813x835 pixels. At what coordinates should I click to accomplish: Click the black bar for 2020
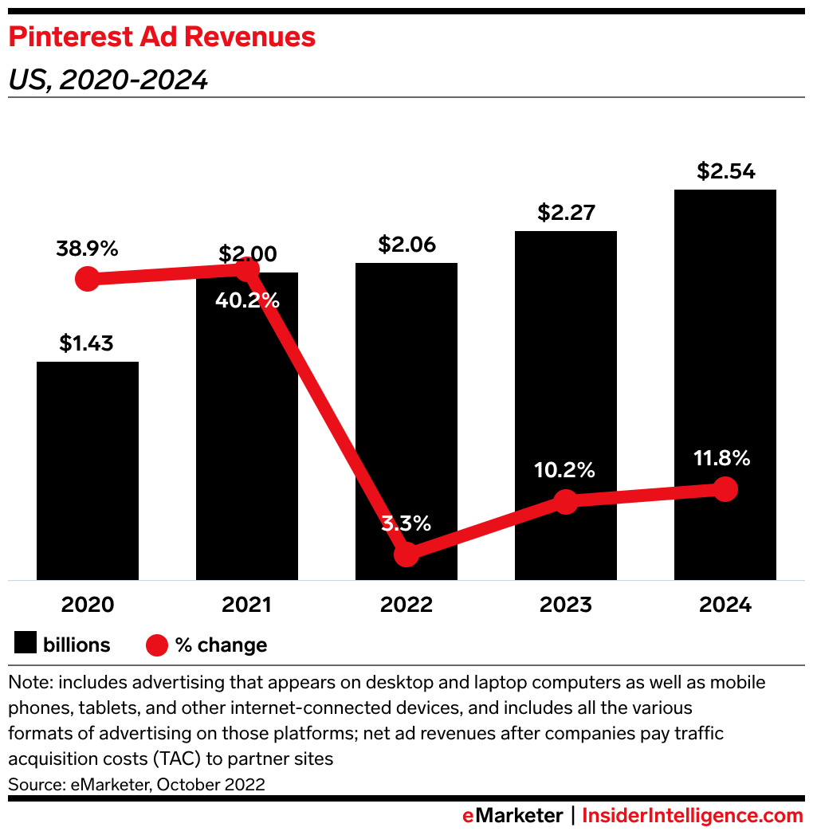tap(88, 470)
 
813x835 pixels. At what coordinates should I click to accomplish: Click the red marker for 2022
tap(406, 554)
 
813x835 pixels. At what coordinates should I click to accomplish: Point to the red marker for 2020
tap(87, 279)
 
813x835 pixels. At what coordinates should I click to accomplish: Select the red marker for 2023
tap(566, 502)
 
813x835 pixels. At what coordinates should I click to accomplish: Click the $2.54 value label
tap(725, 171)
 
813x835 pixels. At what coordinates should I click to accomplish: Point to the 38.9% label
tap(87, 249)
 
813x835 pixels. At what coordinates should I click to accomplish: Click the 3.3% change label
tap(406, 523)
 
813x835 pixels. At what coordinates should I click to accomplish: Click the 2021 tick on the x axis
tap(246, 605)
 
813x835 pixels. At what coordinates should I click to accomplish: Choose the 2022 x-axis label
tap(406, 605)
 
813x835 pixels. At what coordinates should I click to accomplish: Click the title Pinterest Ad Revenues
tap(162, 37)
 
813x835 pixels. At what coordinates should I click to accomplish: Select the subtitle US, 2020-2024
tap(108, 80)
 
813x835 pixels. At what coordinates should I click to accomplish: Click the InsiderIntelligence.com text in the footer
tap(693, 816)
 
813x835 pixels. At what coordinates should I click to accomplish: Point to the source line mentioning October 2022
tap(136, 784)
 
